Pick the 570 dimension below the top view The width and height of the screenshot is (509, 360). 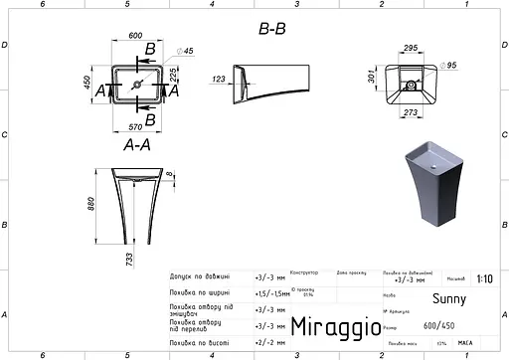tap(135, 126)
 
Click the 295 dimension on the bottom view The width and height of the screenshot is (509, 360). tap(408, 46)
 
